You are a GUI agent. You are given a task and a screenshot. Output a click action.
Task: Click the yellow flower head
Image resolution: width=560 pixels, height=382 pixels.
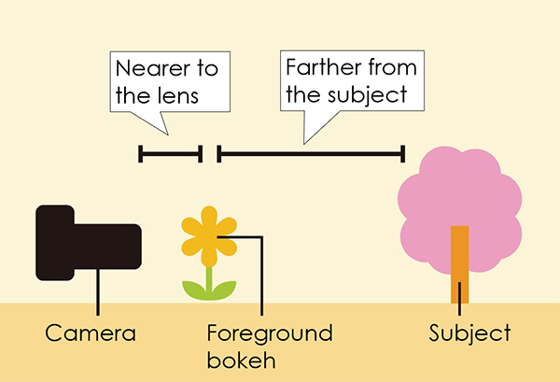209,234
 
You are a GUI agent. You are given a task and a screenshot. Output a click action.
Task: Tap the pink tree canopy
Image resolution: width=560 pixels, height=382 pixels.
457,196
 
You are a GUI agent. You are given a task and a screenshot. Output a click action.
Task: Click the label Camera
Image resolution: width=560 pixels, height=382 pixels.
91,333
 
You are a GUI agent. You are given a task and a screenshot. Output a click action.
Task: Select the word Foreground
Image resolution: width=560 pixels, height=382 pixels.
270,333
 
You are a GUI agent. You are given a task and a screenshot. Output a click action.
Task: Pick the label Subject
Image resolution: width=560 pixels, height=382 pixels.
469,333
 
